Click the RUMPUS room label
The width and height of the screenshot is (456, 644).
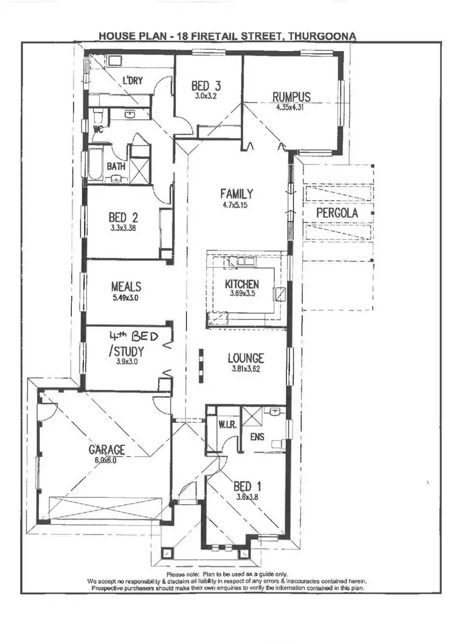(291, 97)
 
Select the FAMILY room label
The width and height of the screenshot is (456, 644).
(237, 194)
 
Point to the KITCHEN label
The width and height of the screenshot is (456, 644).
(241, 284)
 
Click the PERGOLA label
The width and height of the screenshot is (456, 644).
(337, 214)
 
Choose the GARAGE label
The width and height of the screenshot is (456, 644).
(107, 450)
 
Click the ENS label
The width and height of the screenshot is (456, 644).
(257, 436)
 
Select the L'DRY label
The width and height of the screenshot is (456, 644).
(133, 81)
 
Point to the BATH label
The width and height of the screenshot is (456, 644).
(116, 166)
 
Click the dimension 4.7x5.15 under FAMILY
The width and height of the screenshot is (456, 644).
(237, 205)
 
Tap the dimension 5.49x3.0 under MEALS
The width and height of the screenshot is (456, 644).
(126, 298)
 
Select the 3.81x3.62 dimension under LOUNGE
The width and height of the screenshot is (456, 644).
(245, 369)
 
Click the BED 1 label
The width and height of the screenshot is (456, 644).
(247, 486)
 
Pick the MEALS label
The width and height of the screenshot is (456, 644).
(126, 286)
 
